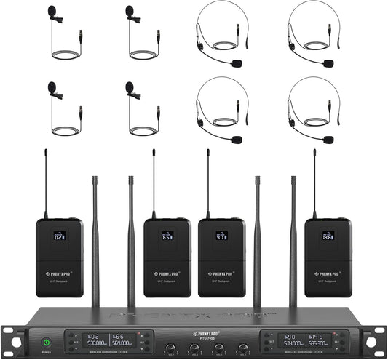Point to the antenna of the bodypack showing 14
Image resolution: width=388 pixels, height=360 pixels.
(x=314, y=182)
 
